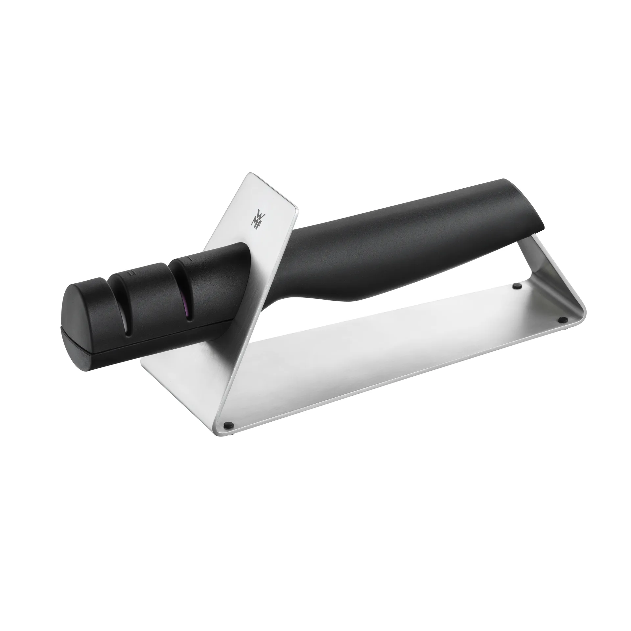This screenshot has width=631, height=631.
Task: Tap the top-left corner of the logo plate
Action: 249,173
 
